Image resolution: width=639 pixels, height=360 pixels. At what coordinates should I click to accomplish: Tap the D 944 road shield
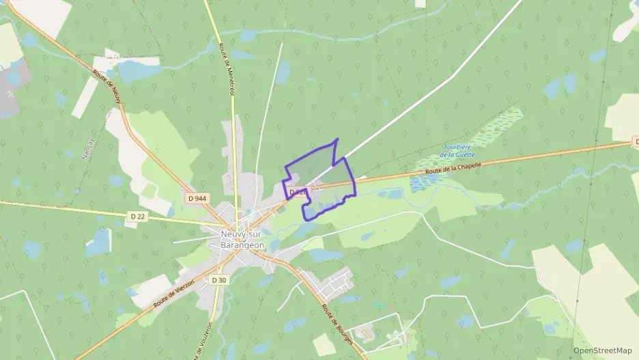click(x=197, y=198)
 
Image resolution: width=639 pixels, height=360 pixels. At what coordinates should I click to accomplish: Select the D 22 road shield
click(x=137, y=217)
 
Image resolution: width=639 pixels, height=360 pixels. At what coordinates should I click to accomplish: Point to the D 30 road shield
click(x=218, y=279)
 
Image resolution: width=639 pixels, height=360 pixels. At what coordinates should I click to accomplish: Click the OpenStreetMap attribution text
click(x=602, y=350)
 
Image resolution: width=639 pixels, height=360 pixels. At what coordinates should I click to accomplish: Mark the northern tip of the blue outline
click(x=337, y=139)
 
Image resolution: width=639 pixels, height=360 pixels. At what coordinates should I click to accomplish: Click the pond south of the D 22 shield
click(x=99, y=243)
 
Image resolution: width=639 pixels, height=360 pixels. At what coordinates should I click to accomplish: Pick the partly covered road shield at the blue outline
click(x=296, y=193)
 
